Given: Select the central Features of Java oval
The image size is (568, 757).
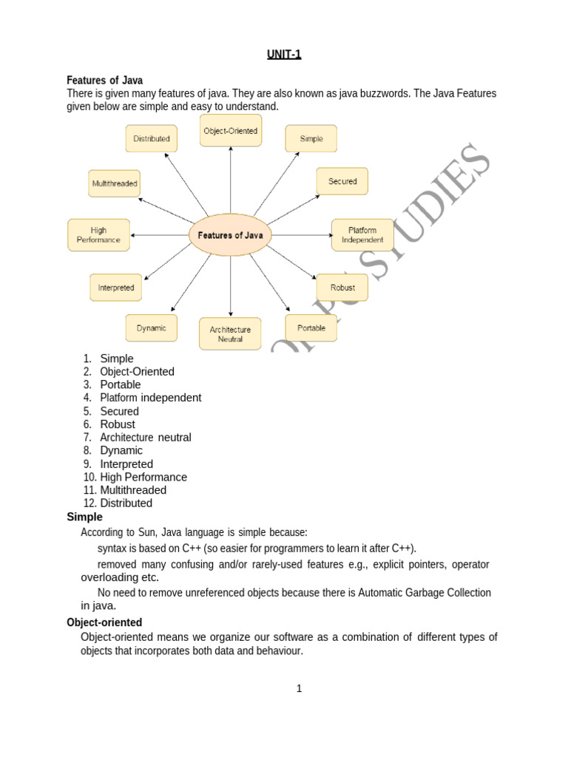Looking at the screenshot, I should pyautogui.click(x=231, y=235).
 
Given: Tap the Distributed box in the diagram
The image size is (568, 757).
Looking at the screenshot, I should pyautogui.click(x=152, y=138).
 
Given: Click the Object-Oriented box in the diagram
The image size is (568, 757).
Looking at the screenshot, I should pyautogui.click(x=231, y=131).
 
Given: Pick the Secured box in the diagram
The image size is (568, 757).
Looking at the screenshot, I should pyautogui.click(x=342, y=181).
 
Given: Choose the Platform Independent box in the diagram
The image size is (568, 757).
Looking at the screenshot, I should pyautogui.click(x=362, y=235).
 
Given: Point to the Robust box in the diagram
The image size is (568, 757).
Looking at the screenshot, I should pyautogui.click(x=342, y=288).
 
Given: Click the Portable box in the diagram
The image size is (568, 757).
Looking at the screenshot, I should pyautogui.click(x=311, y=327).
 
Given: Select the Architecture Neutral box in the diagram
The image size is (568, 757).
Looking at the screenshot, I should pyautogui.click(x=231, y=334).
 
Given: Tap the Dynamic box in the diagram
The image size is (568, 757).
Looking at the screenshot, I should pyautogui.click(x=152, y=327).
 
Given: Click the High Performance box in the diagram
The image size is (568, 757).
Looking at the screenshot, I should pyautogui.click(x=98, y=235).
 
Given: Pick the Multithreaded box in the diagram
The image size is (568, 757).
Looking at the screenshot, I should pyautogui.click(x=115, y=183).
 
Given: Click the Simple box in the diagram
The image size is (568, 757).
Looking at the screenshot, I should pyautogui.click(x=311, y=138).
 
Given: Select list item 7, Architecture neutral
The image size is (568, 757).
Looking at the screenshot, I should pyautogui.click(x=145, y=438).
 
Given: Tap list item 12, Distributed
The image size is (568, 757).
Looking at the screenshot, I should pyautogui.click(x=126, y=503).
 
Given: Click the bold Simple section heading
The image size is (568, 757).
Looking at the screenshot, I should pyautogui.click(x=85, y=517).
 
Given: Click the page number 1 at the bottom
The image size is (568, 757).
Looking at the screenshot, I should pyautogui.click(x=299, y=689).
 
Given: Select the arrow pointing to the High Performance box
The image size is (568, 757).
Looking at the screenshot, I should pyautogui.click(x=159, y=235).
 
